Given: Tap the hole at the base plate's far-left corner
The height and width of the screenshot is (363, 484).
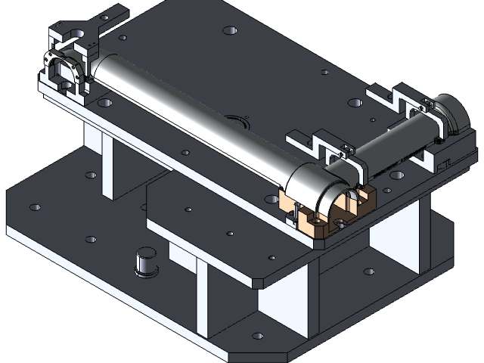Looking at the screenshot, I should (x=35, y=206).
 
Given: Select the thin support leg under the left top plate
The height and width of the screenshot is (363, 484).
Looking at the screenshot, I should (x=107, y=170).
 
